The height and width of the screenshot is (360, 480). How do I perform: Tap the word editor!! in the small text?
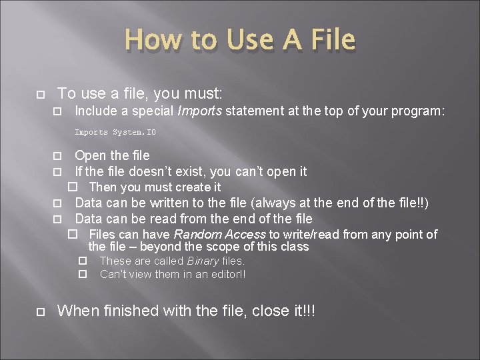[x=226, y=274]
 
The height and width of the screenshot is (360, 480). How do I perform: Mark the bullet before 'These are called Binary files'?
[x=83, y=261]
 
